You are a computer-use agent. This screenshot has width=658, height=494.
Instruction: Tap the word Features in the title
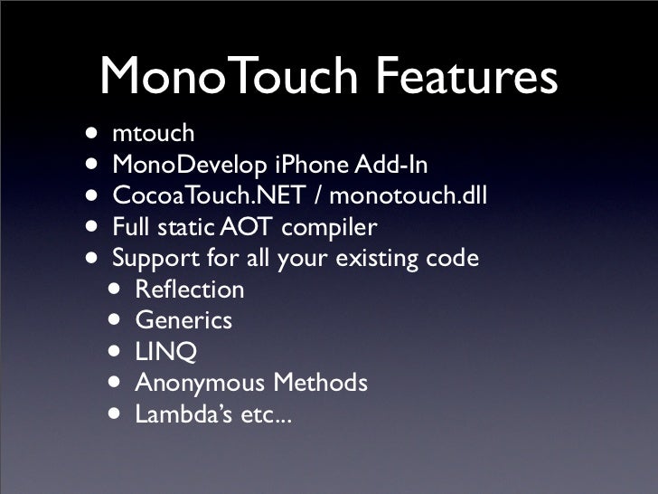(463, 78)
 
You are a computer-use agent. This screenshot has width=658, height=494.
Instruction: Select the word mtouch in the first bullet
(154, 135)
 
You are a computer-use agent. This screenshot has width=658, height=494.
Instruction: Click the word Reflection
(190, 290)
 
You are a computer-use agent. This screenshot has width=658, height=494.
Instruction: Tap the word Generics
(183, 320)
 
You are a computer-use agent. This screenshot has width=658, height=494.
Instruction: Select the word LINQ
(166, 352)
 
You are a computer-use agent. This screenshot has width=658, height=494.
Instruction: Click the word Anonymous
(200, 383)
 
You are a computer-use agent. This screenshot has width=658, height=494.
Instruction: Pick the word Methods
(320, 383)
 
